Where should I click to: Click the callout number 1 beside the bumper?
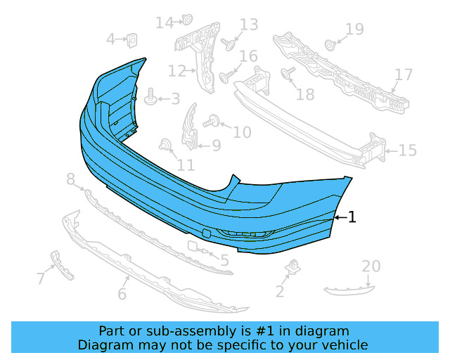point(352,217)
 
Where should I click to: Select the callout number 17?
point(403,75)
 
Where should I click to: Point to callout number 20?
point(371,266)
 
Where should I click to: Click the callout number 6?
point(122,294)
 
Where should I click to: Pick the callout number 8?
point(70,181)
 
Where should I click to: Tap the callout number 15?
point(408,150)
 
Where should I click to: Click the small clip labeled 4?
point(131,39)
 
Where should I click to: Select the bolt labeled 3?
point(150,98)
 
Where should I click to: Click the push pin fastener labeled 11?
point(166,146)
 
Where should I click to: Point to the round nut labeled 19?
point(330,45)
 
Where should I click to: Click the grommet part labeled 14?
point(187,20)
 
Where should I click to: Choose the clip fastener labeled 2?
point(292,267)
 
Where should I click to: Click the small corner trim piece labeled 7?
point(63,264)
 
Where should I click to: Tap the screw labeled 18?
point(288,72)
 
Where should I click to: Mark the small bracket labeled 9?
point(191,128)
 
